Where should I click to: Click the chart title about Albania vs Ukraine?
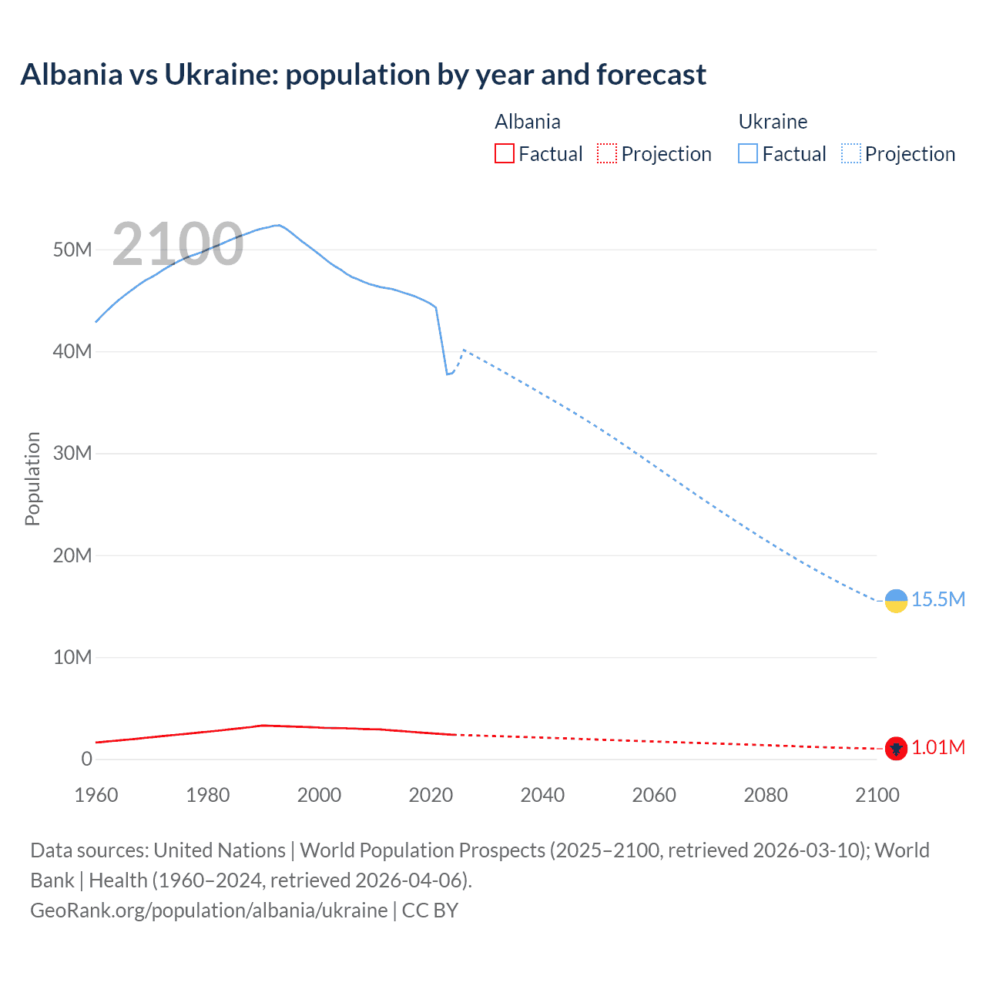[363, 75]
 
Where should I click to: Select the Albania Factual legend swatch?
[504, 153]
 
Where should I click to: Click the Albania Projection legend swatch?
[607, 153]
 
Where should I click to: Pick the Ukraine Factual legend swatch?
[748, 153]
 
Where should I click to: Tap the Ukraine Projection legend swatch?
[851, 153]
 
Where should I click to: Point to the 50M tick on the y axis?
[72, 250]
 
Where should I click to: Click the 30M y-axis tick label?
[72, 454]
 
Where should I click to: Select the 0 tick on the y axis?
[86, 760]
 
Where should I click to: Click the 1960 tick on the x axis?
[96, 795]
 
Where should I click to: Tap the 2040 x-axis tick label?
[542, 795]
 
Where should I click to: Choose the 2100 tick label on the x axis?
[877, 795]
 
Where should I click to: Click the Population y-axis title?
[32, 478]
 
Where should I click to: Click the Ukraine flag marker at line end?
[896, 601]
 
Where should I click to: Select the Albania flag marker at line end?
[896, 748]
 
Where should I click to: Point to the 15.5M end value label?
[938, 600]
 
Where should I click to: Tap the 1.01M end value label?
[938, 748]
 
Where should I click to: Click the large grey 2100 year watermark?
[178, 244]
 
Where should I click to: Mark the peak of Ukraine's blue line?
[278, 225]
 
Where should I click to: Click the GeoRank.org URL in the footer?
[209, 911]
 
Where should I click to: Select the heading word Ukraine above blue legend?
[773, 122]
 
